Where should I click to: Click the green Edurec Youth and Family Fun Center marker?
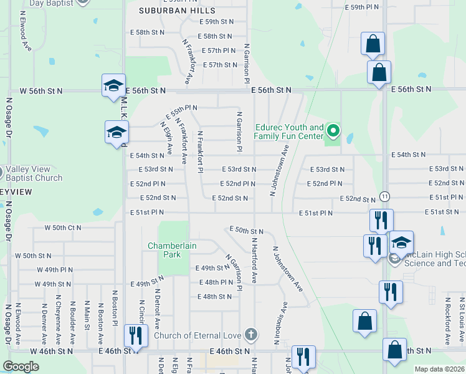coord(333,131)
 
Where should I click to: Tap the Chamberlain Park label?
coord(172,250)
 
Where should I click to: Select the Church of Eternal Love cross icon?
coord(250,335)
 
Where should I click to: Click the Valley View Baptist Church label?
coord(35,173)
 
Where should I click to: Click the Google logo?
coord(21,367)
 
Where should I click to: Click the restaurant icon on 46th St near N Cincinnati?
coord(135,335)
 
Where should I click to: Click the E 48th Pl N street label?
coord(215,282)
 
